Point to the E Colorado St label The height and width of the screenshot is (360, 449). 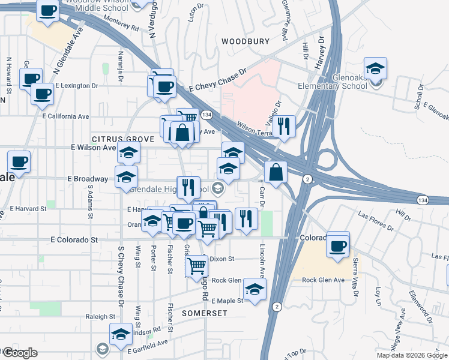pos(74,239)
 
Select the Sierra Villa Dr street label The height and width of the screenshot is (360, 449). pos(355,277)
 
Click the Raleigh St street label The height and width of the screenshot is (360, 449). pos(100,316)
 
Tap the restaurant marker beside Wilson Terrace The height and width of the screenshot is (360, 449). pos(286,127)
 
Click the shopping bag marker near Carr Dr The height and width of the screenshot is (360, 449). pos(275,173)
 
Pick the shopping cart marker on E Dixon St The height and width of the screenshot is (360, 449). pos(197,266)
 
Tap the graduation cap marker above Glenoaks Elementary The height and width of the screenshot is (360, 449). pos(375,69)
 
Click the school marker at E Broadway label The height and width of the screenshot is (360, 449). pos(126,177)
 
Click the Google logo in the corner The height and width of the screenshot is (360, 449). pos(20,353)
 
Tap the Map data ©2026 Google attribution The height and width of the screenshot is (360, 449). pos(411,355)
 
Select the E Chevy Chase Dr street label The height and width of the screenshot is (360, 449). pos(217,81)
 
